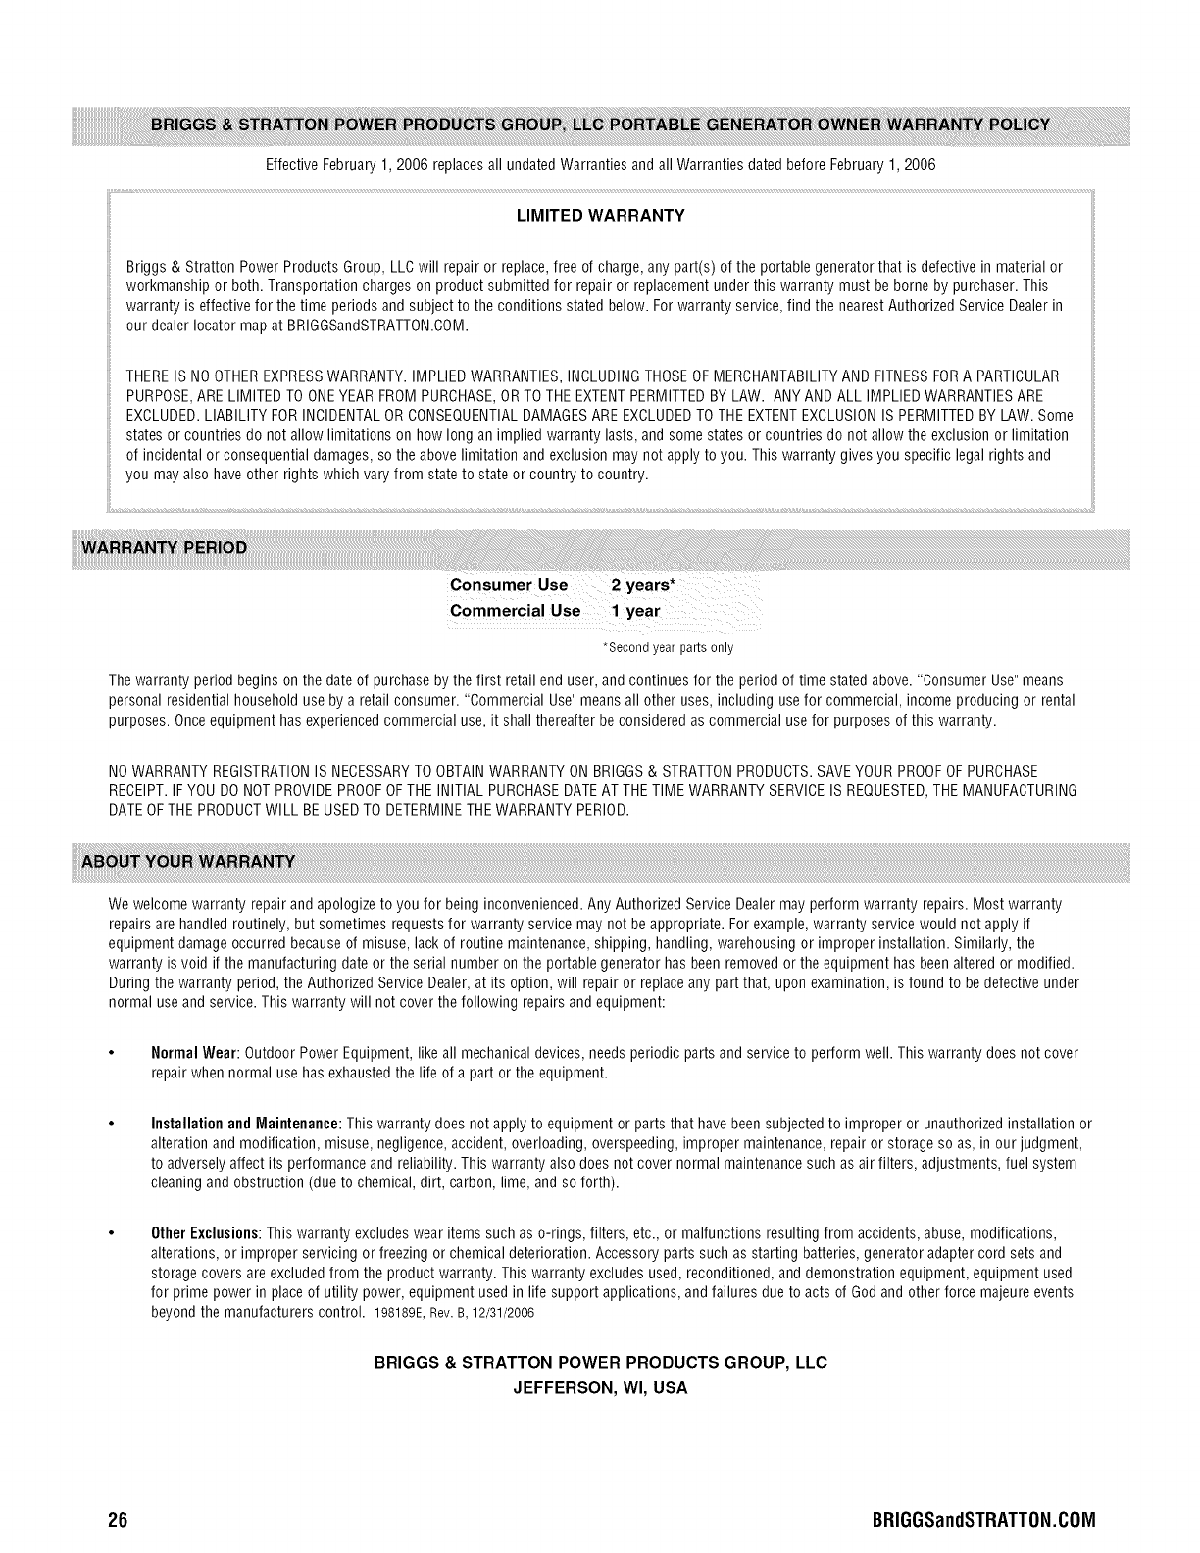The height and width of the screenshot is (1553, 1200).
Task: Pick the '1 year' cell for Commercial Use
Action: (x=635, y=611)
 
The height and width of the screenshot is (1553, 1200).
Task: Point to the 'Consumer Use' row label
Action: (x=508, y=585)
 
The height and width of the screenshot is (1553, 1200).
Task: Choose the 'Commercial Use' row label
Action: (x=514, y=611)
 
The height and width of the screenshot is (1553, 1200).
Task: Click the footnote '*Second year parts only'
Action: (x=667, y=648)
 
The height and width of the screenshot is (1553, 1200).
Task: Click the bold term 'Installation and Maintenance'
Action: (x=245, y=1123)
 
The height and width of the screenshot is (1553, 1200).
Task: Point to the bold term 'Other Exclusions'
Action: (x=204, y=1232)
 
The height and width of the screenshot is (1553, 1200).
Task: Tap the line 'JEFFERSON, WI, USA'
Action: (x=600, y=1388)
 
